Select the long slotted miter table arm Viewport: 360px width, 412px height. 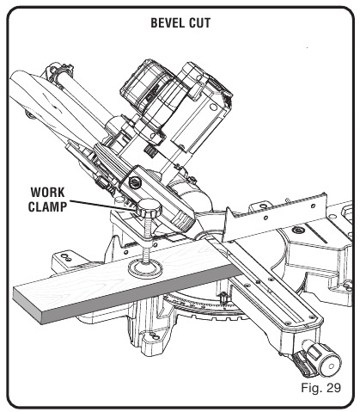tap(275, 292)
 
